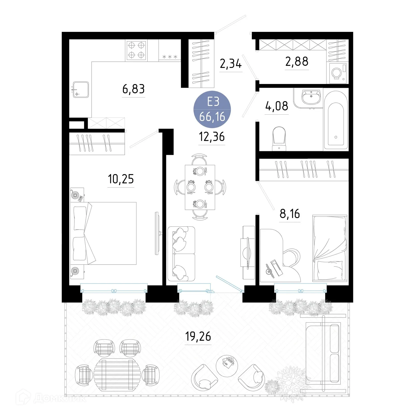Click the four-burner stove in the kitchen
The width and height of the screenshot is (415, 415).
click(x=136, y=50)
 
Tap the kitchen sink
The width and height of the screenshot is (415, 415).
click(x=81, y=90)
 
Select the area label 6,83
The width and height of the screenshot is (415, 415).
click(x=133, y=89)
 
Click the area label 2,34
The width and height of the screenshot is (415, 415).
click(x=231, y=64)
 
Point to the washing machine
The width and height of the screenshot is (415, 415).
click(x=338, y=73)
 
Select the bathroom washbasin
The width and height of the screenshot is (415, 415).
click(x=311, y=96)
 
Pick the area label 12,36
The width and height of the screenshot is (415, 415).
click(x=212, y=137)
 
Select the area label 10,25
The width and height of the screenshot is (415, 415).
click(x=121, y=179)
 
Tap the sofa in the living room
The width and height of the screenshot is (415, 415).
click(x=181, y=254)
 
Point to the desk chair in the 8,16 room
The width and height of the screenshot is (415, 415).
click(x=292, y=257)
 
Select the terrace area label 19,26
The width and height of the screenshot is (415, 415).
click(x=198, y=336)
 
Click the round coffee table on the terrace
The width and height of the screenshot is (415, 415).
click(x=227, y=366)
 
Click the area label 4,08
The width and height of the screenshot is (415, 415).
click(x=276, y=106)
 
